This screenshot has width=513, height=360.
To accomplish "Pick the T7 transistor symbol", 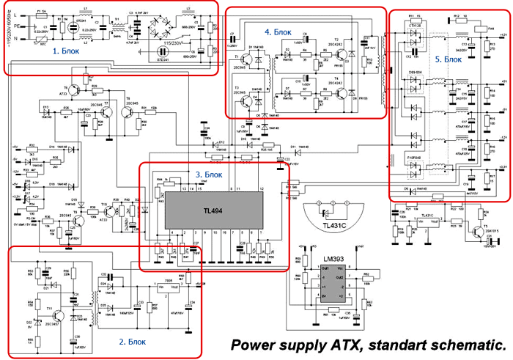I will tap(107, 111).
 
